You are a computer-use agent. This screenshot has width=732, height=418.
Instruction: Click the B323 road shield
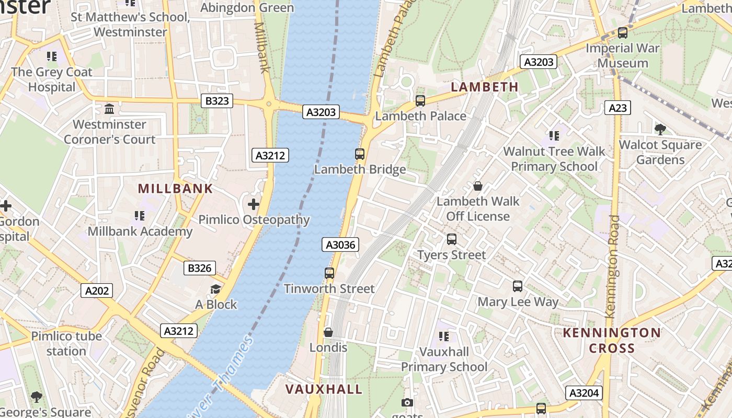(x=217, y=101)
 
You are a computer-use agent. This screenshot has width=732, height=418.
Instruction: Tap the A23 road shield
(x=617, y=108)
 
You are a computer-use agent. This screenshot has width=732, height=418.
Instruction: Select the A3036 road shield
(x=340, y=245)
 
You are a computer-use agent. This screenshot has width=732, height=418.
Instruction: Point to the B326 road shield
(x=200, y=269)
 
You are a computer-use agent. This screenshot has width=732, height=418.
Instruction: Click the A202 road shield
(x=97, y=291)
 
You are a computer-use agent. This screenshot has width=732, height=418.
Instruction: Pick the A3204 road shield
(x=584, y=393)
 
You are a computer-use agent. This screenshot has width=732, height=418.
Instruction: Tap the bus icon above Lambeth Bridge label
(x=360, y=154)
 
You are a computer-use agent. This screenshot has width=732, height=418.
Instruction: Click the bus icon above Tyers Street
(x=452, y=239)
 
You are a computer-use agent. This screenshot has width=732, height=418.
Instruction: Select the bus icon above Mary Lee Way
(x=518, y=286)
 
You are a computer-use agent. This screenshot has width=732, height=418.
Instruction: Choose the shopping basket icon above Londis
(x=328, y=332)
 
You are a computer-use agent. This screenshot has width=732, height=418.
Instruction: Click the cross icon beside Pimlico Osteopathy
(x=254, y=204)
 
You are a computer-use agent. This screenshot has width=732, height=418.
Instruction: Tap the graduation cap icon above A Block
(x=215, y=289)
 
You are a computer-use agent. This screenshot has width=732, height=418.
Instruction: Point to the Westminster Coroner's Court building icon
(x=110, y=109)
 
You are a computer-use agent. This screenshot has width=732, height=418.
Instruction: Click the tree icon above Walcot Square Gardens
(x=660, y=129)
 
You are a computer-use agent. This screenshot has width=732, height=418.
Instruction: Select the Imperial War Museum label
(x=623, y=55)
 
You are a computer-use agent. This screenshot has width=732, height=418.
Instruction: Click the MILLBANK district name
(x=175, y=189)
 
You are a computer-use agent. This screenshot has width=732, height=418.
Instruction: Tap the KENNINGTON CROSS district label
(x=612, y=340)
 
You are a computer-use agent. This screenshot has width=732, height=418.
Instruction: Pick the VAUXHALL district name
(x=324, y=389)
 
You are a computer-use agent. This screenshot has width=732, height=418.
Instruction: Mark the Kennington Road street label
(x=612, y=266)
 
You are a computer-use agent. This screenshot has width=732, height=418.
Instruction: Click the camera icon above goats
(x=407, y=402)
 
